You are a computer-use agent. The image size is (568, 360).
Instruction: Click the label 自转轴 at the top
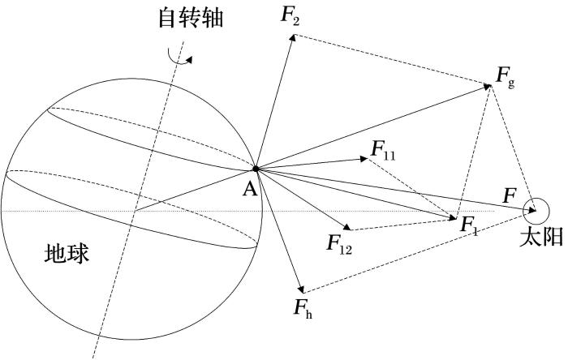[191, 19]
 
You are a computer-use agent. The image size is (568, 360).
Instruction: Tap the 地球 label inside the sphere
[67, 253]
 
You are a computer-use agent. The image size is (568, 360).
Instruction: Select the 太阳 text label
[541, 237]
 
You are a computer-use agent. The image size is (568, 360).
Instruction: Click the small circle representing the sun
[536, 212]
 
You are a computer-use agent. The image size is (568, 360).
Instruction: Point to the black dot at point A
[256, 169]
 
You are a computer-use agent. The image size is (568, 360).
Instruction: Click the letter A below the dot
[250, 188]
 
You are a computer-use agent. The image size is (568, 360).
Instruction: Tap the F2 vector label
[290, 16]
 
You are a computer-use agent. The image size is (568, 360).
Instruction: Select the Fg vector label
[505, 77]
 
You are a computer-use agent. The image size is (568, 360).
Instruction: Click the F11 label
[383, 151]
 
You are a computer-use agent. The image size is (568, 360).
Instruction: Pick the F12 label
[339, 244]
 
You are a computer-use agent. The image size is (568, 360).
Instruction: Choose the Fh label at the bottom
[303, 309]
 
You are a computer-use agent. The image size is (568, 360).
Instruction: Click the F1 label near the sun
[469, 225]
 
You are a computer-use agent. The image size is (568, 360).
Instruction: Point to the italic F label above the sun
[510, 196]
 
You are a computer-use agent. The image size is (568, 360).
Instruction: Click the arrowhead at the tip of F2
[293, 37]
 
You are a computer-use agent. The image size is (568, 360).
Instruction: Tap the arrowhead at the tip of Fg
[487, 87]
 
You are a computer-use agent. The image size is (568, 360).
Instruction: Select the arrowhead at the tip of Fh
[301, 289]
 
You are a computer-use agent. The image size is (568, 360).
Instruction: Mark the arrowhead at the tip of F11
[364, 158]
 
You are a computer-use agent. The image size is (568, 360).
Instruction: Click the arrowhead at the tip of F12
[347, 226]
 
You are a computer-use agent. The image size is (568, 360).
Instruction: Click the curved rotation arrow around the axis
[179, 58]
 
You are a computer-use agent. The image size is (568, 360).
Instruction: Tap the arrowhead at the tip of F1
[453, 217]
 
